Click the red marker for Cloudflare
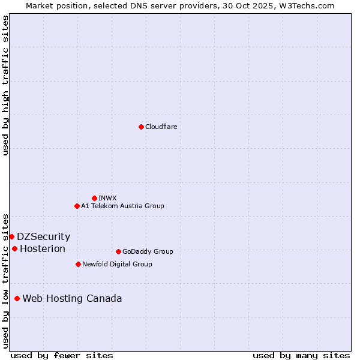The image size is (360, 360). click(141, 127)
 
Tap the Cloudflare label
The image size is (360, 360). click(161, 127)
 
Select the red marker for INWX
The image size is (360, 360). click(94, 198)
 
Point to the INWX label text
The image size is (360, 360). click(107, 198)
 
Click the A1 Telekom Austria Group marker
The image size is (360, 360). click(77, 206)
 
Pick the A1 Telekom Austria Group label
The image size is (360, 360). click(122, 206)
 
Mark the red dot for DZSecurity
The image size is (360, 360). click(11, 236)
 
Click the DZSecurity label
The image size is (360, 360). click(43, 236)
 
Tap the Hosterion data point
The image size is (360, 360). click(14, 248)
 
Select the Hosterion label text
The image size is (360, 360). click(42, 248)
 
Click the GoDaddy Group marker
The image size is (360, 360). click(118, 251)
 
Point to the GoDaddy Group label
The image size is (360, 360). click(147, 251)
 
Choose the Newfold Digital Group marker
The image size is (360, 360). click(78, 264)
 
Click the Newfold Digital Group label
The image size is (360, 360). click(117, 264)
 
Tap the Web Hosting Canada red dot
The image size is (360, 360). click(17, 298)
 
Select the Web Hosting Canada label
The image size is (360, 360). click(72, 298)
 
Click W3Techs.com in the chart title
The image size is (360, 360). click(310, 5)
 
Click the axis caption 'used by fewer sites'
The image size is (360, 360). click(62, 355)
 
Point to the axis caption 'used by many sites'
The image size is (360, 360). click(301, 355)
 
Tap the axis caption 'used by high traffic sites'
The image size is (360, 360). click(5, 85)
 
